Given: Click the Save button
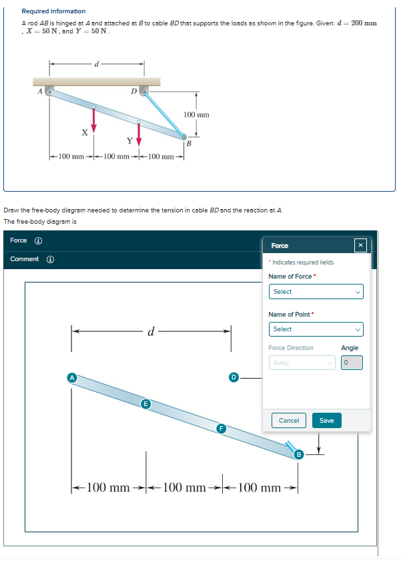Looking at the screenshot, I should tap(326, 420).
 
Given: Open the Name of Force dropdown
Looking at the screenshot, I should tap(316, 292).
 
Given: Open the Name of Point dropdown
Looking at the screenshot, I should tap(316, 329).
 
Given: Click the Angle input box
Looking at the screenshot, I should tap(352, 363).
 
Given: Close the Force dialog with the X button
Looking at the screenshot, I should tap(360, 246).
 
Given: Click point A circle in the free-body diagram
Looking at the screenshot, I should tap(71, 378).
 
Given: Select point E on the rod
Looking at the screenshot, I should tap(145, 404).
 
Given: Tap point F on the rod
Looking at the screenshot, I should tap(220, 428).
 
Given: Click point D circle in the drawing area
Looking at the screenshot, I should tap(234, 378).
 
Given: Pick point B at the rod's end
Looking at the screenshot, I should tap(298, 455).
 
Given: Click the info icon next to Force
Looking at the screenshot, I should tap(38, 240).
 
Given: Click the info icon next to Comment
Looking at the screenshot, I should tap(51, 259).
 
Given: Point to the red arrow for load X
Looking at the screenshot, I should tap(93, 117).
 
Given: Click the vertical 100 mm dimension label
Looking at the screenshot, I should tap(197, 115).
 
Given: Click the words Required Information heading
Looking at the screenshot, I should tap(53, 11).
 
